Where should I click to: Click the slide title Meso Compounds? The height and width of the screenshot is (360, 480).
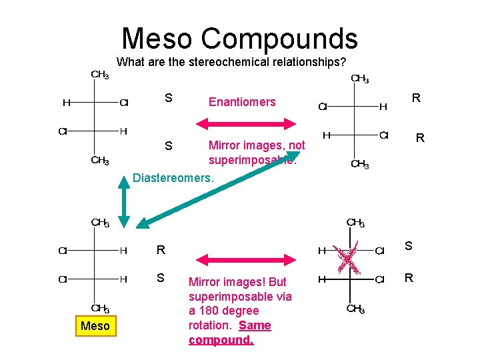[x=239, y=38]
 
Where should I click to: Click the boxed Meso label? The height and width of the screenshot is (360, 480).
[x=95, y=325]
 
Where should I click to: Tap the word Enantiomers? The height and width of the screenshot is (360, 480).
[x=242, y=101]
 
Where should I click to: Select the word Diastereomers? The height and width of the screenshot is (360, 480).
[x=173, y=178]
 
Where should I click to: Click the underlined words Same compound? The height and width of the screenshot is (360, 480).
[x=230, y=333]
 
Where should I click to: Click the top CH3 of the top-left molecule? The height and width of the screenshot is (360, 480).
[x=100, y=75]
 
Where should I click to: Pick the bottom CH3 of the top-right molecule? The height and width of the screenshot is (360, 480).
[x=359, y=164]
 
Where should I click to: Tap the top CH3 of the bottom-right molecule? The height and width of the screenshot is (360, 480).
[x=355, y=223]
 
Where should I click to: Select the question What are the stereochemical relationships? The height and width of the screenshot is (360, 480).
[x=231, y=63]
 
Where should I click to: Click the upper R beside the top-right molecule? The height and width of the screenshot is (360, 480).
[x=416, y=98]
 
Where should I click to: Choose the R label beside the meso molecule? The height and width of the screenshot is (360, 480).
[x=160, y=251]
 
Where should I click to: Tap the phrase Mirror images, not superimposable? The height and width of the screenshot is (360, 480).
[x=257, y=153]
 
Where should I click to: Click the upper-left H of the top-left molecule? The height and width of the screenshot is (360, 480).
[x=66, y=103]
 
